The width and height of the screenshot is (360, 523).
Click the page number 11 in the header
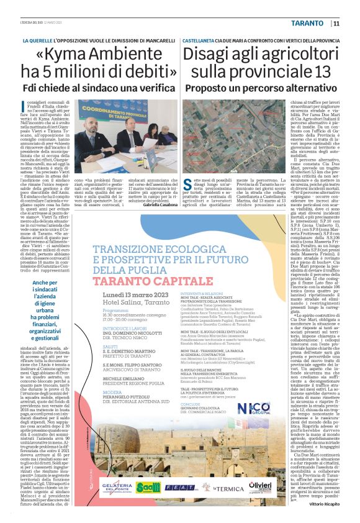[x=336, y=24]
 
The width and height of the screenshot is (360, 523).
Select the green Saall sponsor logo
[x=153, y=487]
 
